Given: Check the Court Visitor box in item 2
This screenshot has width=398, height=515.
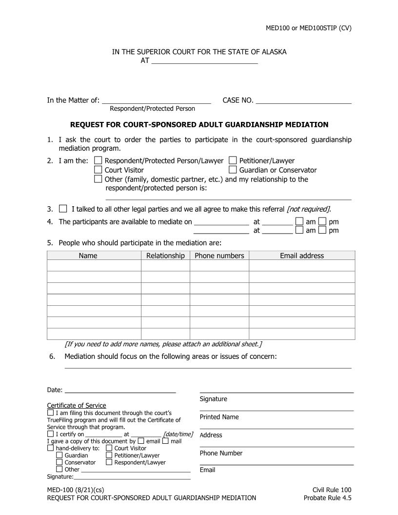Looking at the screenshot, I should click(98, 170).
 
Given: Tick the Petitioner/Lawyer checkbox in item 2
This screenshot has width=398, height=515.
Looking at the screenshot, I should click(233, 160).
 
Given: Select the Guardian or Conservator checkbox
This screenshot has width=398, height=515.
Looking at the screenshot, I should click(233, 170).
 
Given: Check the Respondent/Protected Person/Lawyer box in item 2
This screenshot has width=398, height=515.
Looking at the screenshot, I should click(98, 160).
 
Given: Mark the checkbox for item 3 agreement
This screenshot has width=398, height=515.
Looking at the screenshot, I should click(63, 209).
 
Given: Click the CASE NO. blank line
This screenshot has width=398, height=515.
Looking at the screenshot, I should click(303, 100).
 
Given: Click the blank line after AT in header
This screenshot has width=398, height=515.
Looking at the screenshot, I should click(204, 61).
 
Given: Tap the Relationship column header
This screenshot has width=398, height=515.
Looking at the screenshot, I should click(165, 256).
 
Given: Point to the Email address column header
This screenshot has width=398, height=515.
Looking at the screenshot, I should click(301, 256).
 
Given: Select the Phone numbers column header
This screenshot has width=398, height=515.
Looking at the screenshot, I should click(219, 256).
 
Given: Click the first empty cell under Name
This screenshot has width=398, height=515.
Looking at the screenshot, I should click(94, 265).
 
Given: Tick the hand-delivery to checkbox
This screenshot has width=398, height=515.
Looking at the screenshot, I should click(51, 448).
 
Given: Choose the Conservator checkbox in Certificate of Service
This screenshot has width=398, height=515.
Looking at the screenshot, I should click(60, 462).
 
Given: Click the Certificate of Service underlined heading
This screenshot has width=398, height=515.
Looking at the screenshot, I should click(76, 405).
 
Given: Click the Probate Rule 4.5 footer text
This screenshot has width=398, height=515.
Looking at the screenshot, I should click(327, 498).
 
